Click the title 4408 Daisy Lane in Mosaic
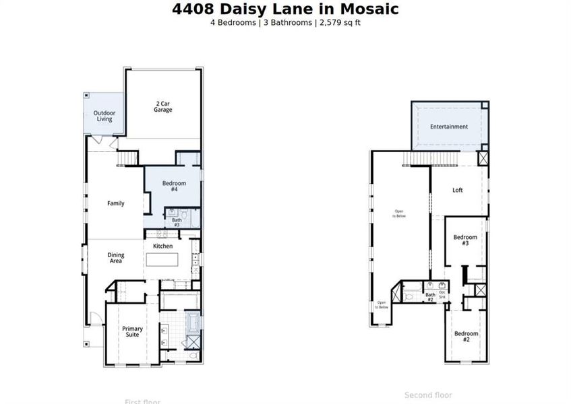[285, 9]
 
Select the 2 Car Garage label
[162, 106]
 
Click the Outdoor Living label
[104, 116]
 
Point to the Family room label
[116, 203]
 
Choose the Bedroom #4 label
[173, 187]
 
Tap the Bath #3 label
[177, 222]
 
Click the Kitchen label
[163, 246]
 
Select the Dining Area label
[116, 258]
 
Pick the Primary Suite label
[132, 333]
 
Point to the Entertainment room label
[449, 127]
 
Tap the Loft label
[458, 190]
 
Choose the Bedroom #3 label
[465, 240]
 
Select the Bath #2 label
[430, 297]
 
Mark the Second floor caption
[428, 395]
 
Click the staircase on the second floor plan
[431, 158]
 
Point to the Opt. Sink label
[442, 294]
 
